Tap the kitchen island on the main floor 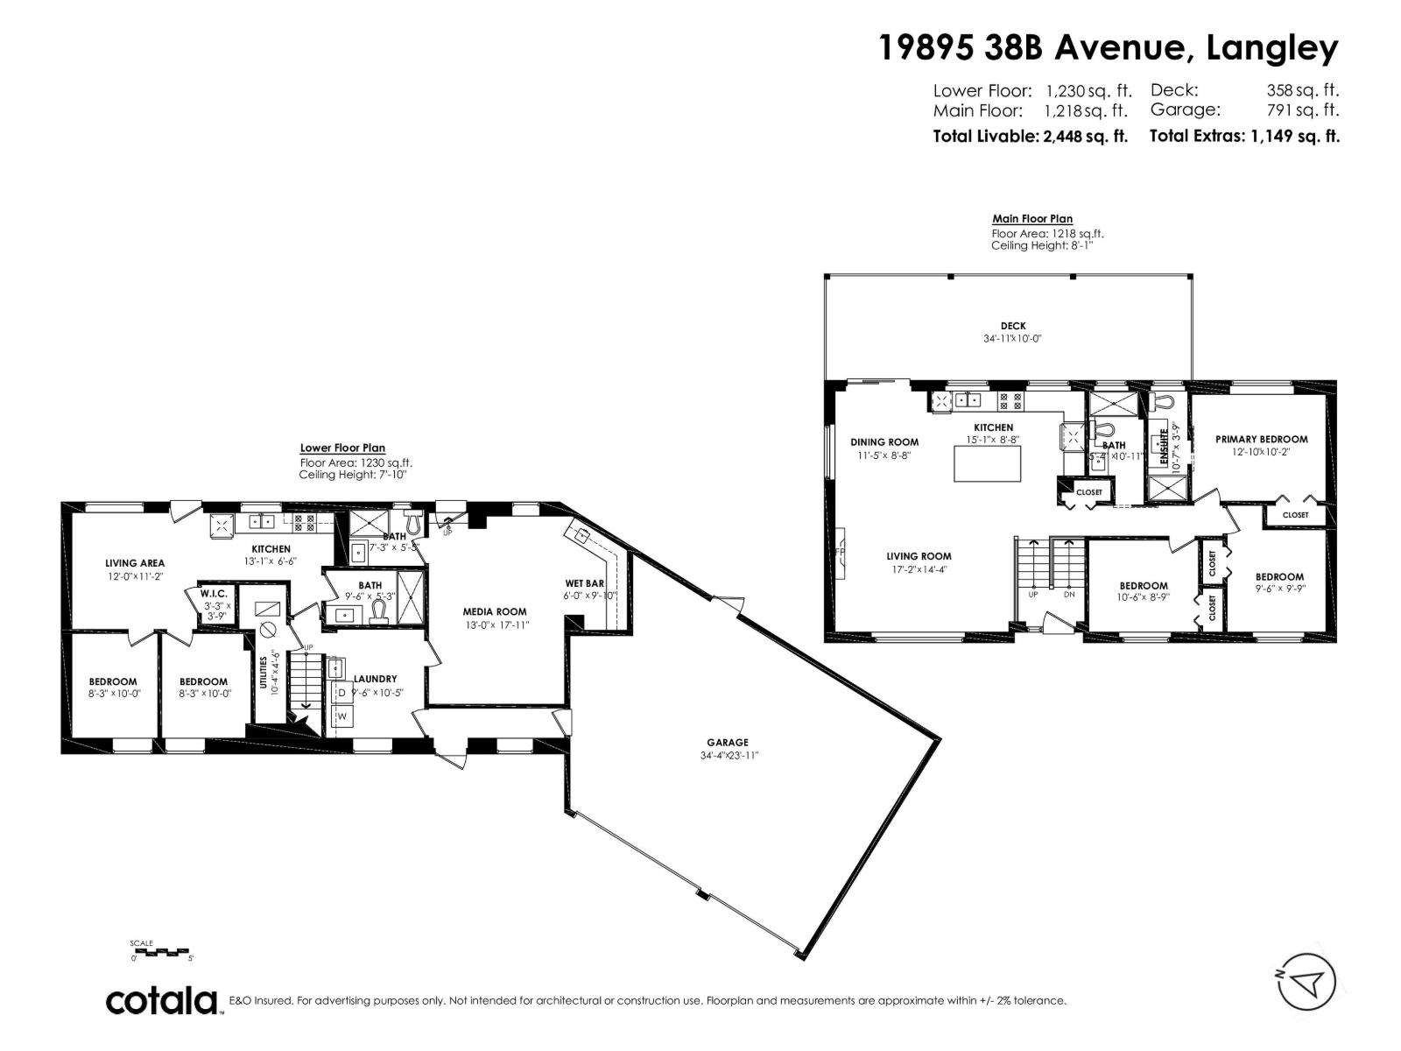[x=987, y=464]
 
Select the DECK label [x=1012, y=326]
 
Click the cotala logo [x=162, y=1001]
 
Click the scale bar [x=160, y=951]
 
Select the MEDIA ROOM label [x=495, y=611]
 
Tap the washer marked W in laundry [x=342, y=716]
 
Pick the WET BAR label [x=584, y=583]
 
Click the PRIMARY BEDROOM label [x=1261, y=439]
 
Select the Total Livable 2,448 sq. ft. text [x=1030, y=136]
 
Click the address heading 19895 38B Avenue [x=1030, y=48]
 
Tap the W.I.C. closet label [x=213, y=593]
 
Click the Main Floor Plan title [x=1031, y=219]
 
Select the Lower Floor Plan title [x=342, y=448]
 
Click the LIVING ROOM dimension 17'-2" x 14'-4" [x=918, y=568]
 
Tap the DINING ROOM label [x=884, y=441]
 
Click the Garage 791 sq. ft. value [x=1302, y=110]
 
